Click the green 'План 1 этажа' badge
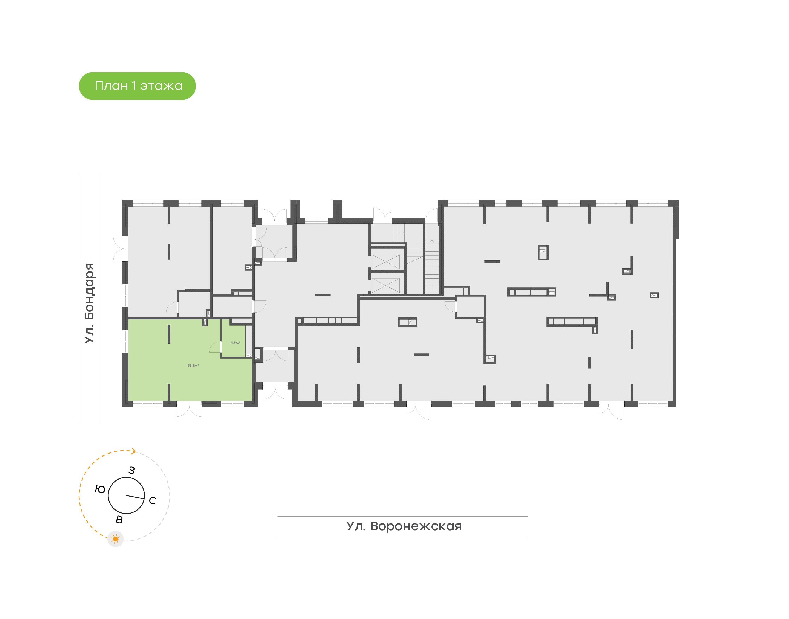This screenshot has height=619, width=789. [137, 86]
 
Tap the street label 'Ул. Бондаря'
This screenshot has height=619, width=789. [89, 303]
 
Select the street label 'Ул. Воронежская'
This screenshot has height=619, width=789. [404, 526]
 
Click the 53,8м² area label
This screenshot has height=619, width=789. [193, 365]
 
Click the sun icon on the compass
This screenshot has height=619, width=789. [116, 539]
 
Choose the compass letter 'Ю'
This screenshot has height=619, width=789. [100, 490]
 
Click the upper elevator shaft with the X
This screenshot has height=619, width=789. [386, 261]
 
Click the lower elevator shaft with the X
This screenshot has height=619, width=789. [386, 285]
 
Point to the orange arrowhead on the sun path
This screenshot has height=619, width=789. [134, 451]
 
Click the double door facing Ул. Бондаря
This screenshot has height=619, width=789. [120, 249]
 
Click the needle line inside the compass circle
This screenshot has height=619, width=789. [135, 497]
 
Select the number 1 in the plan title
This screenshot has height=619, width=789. [134, 86]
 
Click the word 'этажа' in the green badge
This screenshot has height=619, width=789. [161, 86]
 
